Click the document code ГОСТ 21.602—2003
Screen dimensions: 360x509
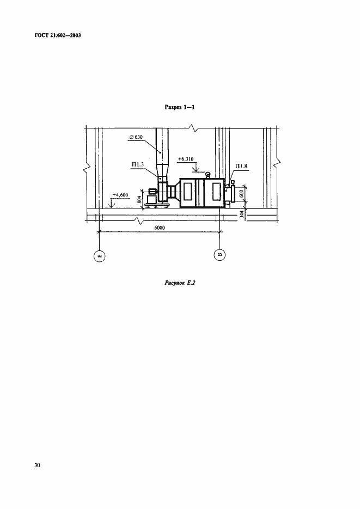[x=57, y=35]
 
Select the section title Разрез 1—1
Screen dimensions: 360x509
[x=180, y=107]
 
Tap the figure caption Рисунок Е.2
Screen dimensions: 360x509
[x=180, y=283]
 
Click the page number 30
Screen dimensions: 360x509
[x=38, y=465]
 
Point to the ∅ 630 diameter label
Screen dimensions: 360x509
[x=136, y=137]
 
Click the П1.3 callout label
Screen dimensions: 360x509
[x=138, y=165]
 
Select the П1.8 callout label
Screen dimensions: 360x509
[x=241, y=167]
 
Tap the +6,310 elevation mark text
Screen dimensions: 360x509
[x=186, y=159]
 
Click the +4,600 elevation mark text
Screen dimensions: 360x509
[x=120, y=195]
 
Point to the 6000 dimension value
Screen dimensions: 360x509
[x=160, y=228]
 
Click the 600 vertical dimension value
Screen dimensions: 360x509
[x=241, y=194]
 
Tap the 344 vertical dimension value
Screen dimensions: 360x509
[x=241, y=214]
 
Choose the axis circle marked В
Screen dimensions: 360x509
[x=220, y=255]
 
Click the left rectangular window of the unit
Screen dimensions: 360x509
[x=188, y=191]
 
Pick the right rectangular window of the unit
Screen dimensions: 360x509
[x=216, y=191]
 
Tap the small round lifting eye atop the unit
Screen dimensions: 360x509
[x=208, y=175]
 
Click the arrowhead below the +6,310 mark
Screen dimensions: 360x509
[x=196, y=170]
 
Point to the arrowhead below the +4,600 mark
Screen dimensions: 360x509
[x=111, y=205]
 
